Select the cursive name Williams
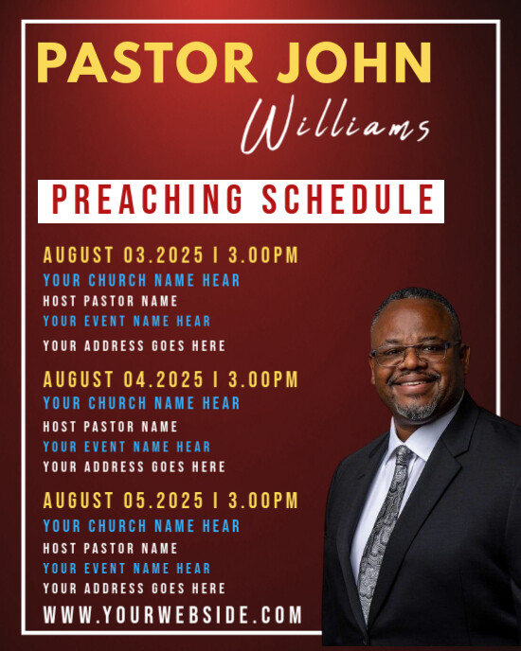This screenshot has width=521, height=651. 336,128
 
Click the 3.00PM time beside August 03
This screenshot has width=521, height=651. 260,255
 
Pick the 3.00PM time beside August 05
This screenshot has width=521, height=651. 260,501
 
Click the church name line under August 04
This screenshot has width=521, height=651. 141,403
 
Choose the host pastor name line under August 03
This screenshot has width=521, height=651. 110,301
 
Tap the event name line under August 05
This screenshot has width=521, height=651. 126,568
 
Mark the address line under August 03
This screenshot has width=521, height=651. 134,345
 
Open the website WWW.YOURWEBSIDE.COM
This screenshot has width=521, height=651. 172,615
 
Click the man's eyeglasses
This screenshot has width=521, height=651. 414,353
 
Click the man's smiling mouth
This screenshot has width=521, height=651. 417,387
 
